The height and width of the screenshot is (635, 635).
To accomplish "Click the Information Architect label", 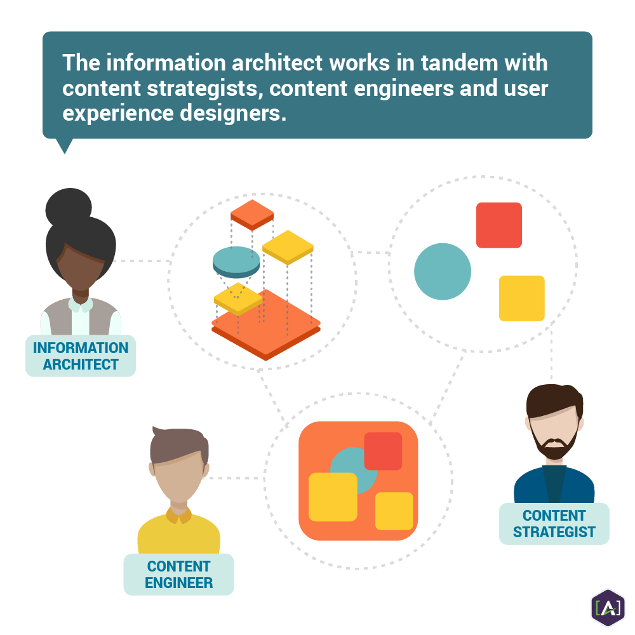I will coord(81,356).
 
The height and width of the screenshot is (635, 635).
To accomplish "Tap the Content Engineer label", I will coord(178,574).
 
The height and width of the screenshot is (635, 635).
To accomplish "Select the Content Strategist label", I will coord(554,524).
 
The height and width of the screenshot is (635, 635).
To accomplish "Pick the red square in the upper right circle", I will coord(499,225).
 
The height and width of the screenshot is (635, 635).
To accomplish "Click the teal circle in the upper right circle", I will coord(443,271).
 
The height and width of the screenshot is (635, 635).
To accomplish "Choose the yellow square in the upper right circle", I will coord(522,298).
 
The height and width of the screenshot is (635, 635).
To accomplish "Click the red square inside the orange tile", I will coord(383,451).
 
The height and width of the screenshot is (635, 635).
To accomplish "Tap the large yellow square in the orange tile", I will coord(333,497).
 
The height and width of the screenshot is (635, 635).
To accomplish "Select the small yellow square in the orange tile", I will coord(394,511).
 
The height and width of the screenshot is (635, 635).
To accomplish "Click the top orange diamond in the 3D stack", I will coord(252,214).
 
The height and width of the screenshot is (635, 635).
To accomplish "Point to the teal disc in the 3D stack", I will coord(236,260).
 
